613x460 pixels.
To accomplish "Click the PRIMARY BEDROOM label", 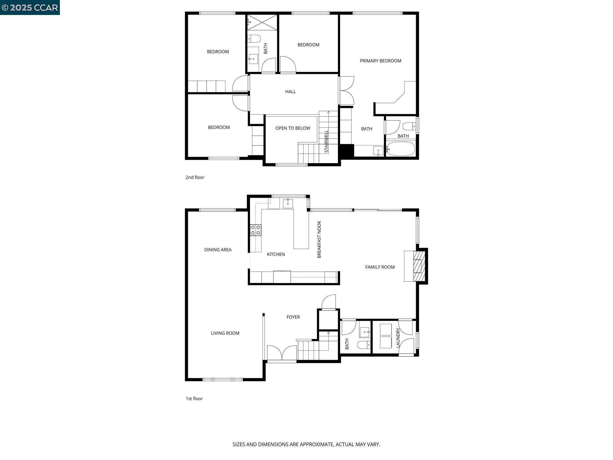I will coord(380,61).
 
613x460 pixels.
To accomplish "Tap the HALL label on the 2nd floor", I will coord(290,92).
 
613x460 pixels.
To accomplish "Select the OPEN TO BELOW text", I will coord(292,128).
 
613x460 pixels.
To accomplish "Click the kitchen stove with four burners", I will coord(256,230).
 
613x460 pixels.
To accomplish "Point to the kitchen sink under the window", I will coord(288,203).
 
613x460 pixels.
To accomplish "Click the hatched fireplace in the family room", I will coord(419,266).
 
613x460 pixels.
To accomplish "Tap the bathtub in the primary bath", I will coord(400,149).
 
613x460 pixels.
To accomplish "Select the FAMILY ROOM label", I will coord(380,267).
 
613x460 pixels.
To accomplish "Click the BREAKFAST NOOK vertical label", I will coord(319,239).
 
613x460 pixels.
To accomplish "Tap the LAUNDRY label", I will coord(398,338).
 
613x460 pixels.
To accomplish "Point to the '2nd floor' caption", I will coord(195,177).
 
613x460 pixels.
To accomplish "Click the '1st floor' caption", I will coord(194,399).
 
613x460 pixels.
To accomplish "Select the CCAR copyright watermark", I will coord(30,7).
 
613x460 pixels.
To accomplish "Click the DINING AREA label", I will coord(218,250).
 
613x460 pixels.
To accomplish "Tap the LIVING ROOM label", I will coord(225,333).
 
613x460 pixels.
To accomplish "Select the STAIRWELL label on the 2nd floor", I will coord(327,141).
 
